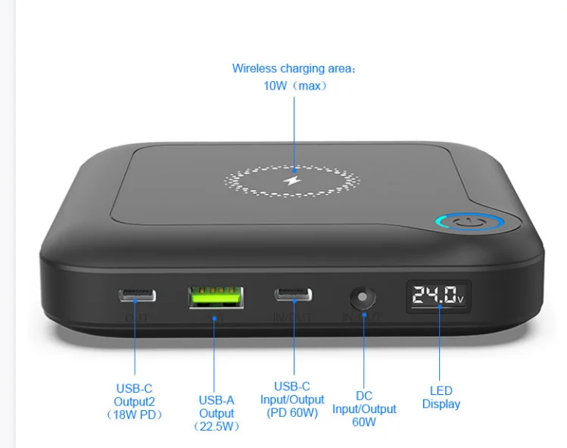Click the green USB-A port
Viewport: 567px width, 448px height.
click(x=216, y=295)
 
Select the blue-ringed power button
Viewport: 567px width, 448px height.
click(x=470, y=224)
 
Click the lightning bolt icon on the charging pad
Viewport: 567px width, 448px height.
click(x=292, y=180)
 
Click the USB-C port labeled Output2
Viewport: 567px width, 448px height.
click(x=137, y=294)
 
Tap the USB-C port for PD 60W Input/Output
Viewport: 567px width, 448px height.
click(x=292, y=294)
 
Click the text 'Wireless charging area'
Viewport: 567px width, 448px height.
click(x=292, y=68)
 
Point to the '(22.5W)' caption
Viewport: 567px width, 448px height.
click(x=217, y=427)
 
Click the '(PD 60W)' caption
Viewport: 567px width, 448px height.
click(x=292, y=412)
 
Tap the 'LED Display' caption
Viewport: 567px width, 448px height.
click(x=441, y=397)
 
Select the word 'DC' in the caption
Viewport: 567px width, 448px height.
click(x=364, y=396)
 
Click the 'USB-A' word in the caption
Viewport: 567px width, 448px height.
click(x=217, y=399)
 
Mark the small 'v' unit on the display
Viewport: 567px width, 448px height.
click(x=460, y=299)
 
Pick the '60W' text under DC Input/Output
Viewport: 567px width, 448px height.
click(x=364, y=422)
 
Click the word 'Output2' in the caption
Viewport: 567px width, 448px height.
click(x=134, y=401)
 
